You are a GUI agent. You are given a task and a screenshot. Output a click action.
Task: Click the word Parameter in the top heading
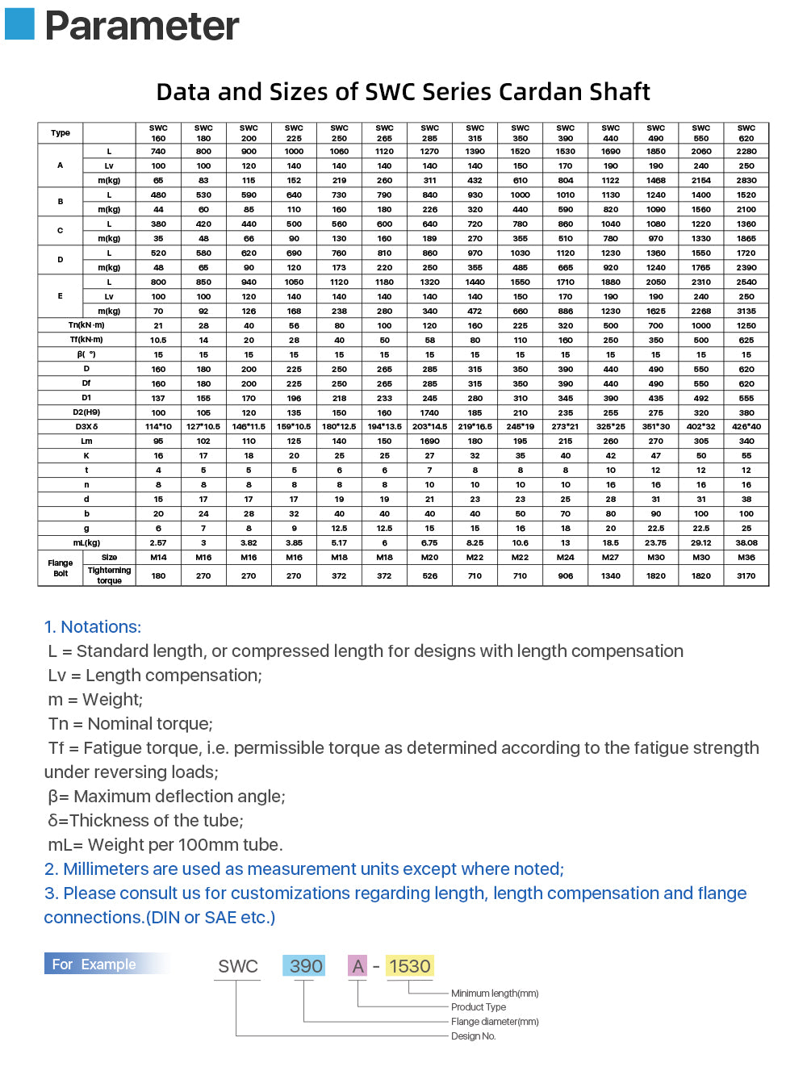coord(141,26)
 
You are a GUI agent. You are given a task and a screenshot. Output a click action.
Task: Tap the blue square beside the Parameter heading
coord(19,23)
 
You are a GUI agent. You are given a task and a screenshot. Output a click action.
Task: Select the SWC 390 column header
coord(565,133)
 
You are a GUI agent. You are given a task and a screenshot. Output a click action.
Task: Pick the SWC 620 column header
coord(746,133)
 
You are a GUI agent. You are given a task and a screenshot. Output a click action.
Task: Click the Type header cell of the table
coord(61,133)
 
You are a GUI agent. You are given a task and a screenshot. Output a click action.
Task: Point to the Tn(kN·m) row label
coord(86,325)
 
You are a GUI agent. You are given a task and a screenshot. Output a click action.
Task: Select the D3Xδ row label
coord(86,427)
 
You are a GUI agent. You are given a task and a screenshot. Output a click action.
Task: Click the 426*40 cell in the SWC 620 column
coord(746,427)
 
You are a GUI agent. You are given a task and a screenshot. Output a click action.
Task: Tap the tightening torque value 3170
coord(746,575)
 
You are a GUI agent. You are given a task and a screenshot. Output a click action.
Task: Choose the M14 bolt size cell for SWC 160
coord(158,558)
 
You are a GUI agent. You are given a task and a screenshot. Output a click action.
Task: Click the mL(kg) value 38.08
coord(746,543)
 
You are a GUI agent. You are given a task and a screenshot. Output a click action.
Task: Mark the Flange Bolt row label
coord(61,568)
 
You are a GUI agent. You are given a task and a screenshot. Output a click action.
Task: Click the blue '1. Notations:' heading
coord(93,627)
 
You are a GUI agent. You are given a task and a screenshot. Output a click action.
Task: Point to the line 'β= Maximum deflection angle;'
coord(166,797)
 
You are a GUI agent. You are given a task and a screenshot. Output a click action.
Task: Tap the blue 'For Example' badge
coord(94,964)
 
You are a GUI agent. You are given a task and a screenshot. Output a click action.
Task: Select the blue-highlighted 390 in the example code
coord(305,966)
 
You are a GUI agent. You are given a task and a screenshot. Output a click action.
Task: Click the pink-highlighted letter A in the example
coord(358,966)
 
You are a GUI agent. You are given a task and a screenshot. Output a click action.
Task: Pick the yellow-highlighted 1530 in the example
coord(409,966)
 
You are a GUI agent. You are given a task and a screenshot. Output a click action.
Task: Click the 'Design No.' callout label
coord(473,1036)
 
